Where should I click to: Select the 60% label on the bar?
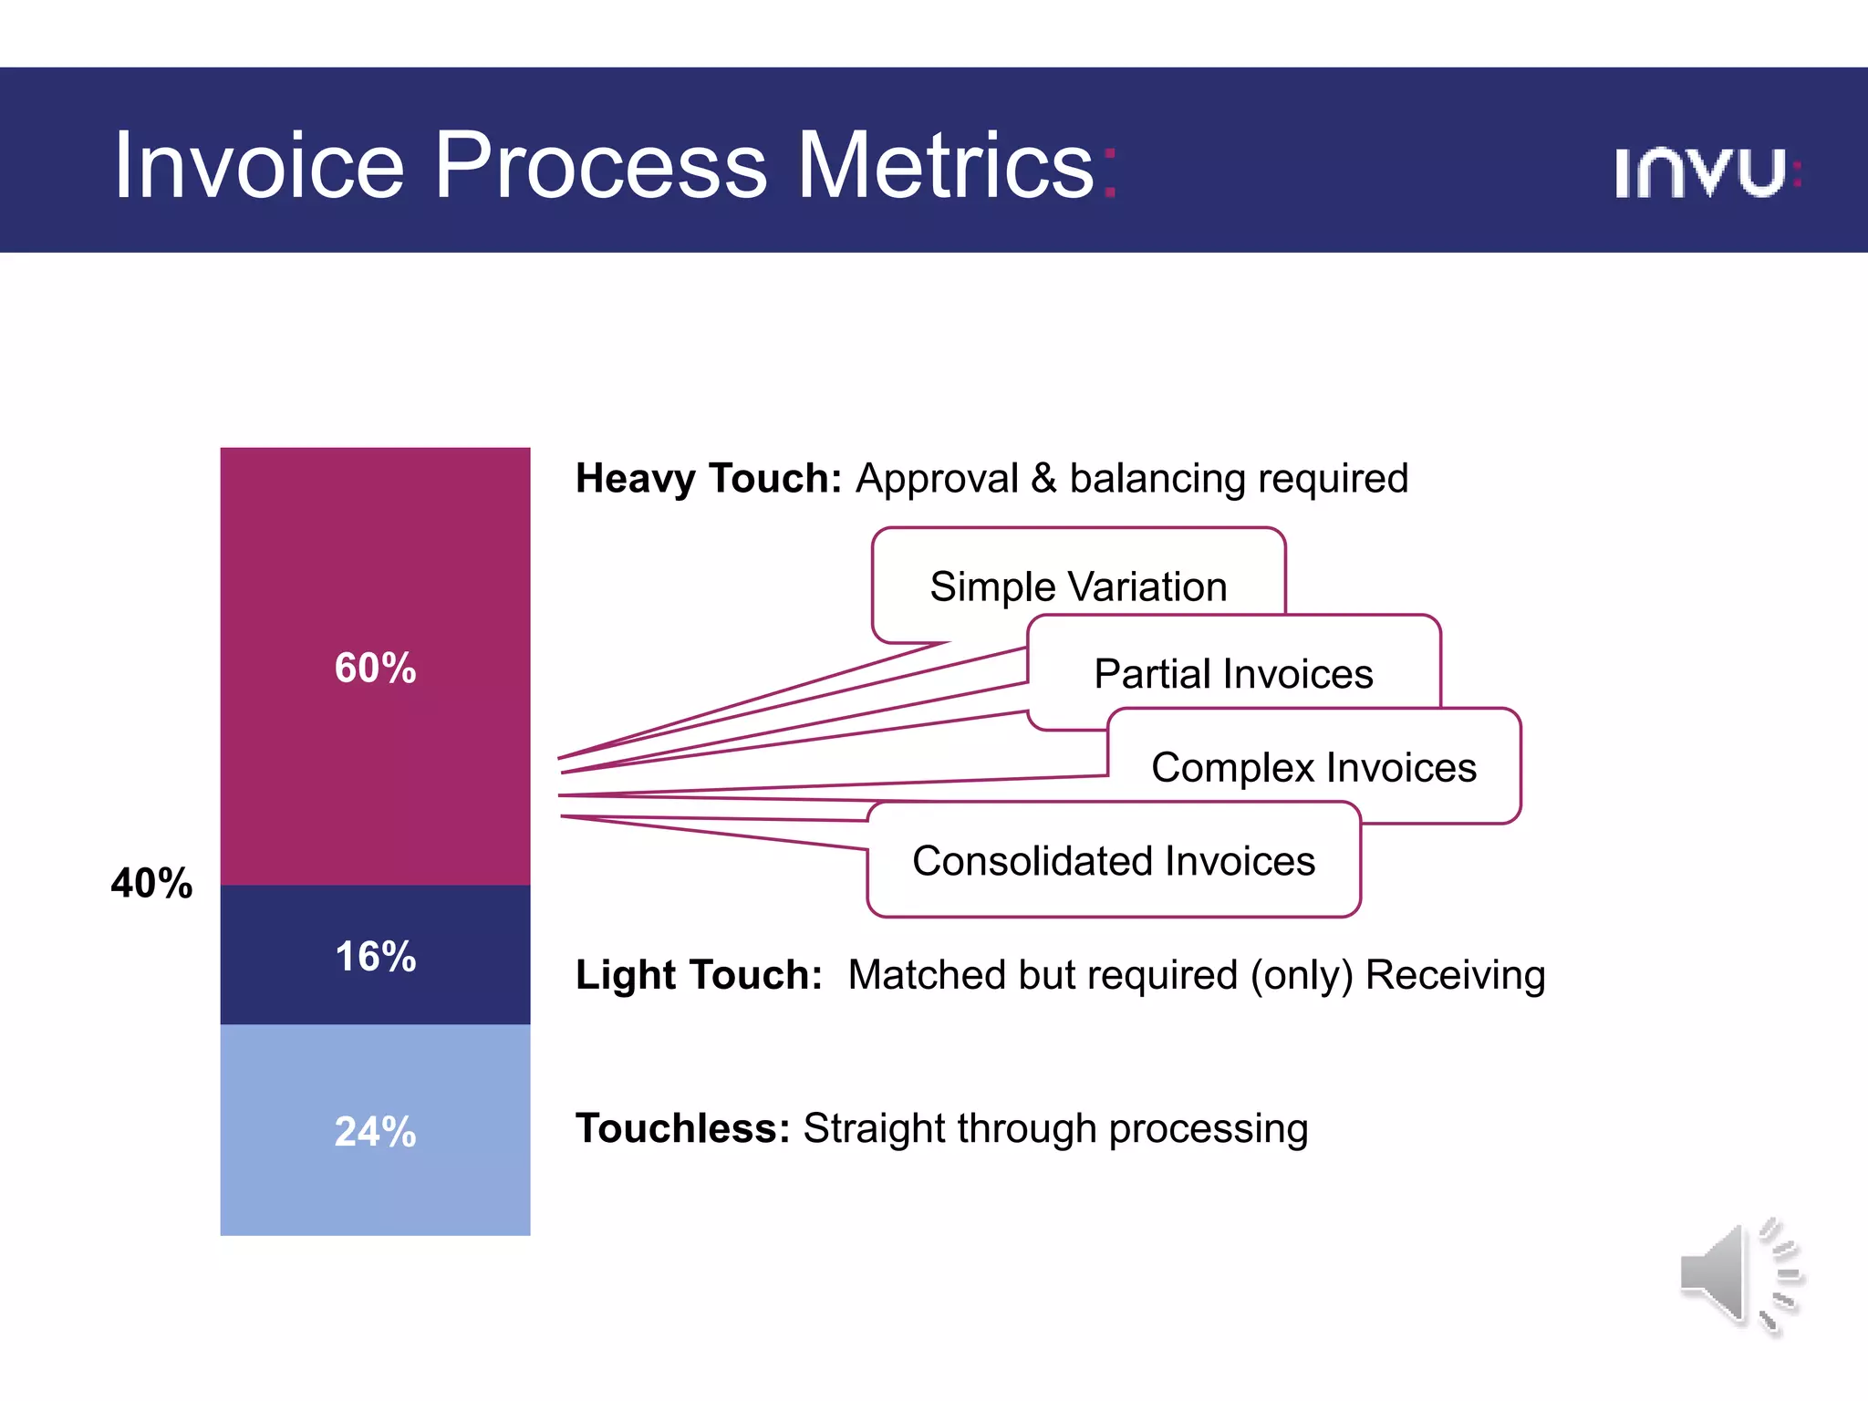click(x=375, y=668)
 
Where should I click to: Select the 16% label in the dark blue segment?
click(x=375, y=957)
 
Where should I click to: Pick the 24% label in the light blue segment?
click(x=375, y=1132)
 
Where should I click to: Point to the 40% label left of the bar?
click(x=151, y=883)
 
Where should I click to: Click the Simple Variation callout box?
click(x=1078, y=586)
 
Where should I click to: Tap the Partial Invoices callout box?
click(x=1233, y=673)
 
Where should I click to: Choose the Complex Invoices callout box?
click(x=1313, y=766)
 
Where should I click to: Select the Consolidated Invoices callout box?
click(x=1113, y=860)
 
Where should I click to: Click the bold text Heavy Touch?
click(x=708, y=479)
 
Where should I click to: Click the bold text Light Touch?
click(x=699, y=975)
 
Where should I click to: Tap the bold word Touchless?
click(x=682, y=1128)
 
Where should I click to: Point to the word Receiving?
click(x=1455, y=975)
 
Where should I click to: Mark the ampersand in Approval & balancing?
click(x=1043, y=479)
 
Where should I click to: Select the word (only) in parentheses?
click(x=1302, y=975)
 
